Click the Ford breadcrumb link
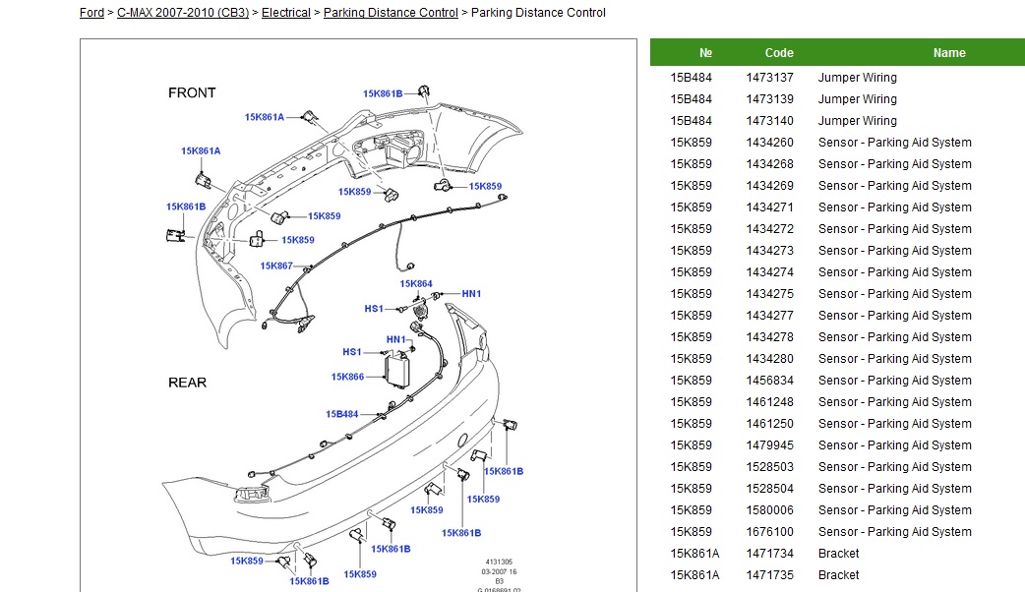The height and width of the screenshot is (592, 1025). click(91, 13)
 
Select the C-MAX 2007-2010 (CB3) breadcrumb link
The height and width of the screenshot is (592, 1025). click(182, 13)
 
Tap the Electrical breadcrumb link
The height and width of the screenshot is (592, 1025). click(285, 13)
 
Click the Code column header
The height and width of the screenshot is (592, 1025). click(779, 53)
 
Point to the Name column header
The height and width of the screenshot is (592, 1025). click(949, 53)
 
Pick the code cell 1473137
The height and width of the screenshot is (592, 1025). click(769, 78)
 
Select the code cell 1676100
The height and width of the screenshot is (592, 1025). click(769, 532)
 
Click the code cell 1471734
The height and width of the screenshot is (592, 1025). click(769, 554)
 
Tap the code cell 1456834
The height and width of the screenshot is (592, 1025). click(769, 381)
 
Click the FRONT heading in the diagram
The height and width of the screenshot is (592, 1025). click(192, 93)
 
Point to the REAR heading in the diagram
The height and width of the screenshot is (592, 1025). click(187, 383)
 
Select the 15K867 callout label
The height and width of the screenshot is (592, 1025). click(276, 266)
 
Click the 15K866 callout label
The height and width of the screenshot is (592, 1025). click(347, 378)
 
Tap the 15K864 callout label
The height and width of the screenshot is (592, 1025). click(416, 284)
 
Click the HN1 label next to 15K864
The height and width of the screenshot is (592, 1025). click(471, 294)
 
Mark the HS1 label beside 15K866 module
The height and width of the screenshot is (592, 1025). click(352, 352)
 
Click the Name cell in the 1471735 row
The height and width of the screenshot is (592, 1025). click(838, 575)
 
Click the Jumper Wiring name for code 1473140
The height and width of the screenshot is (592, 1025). click(857, 121)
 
